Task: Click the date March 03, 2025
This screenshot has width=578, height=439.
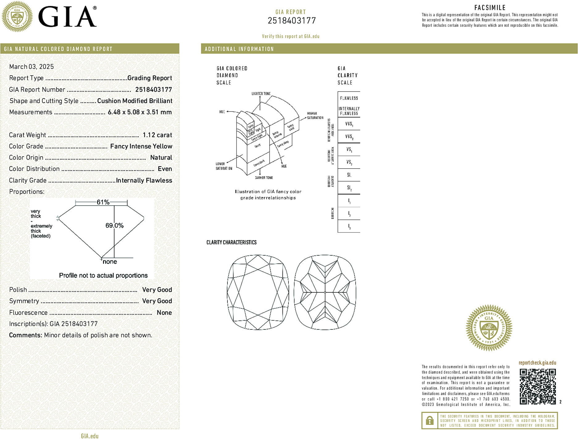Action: click(x=31, y=67)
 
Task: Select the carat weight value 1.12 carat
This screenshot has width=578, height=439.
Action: click(x=157, y=135)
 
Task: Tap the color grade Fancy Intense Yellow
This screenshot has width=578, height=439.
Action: click(x=141, y=146)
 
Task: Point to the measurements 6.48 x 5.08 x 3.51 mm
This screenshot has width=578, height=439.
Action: click(x=139, y=112)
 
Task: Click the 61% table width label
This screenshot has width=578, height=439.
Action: click(x=103, y=202)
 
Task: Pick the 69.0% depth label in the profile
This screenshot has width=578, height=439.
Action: click(x=114, y=226)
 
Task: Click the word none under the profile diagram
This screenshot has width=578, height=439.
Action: click(x=110, y=262)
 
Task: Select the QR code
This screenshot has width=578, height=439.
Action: click(x=538, y=387)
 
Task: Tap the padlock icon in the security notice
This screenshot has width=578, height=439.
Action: click(x=430, y=420)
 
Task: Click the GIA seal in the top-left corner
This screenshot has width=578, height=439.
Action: click(x=17, y=16)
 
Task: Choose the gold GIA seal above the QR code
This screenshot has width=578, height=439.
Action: click(x=489, y=328)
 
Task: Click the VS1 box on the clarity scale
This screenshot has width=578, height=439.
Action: click(x=349, y=150)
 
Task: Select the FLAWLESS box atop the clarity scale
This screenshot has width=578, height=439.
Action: click(x=349, y=98)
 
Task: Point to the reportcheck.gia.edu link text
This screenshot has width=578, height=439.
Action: click(x=537, y=363)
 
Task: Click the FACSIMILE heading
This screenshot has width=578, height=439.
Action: click(x=490, y=8)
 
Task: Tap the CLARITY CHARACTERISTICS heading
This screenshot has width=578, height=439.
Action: click(x=231, y=243)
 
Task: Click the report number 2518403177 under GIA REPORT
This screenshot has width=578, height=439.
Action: click(x=292, y=21)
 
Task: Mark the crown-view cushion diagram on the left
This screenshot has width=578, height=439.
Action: click(x=258, y=292)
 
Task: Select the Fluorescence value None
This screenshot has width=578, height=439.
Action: click(x=164, y=313)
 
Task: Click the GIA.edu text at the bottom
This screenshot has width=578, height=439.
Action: click(x=90, y=436)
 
